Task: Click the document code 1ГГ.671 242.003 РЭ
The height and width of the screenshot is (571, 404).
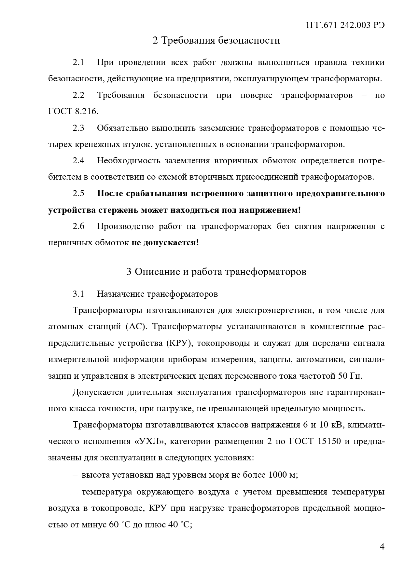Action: pos(345,25)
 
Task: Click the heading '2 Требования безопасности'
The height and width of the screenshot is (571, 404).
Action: pos(216,40)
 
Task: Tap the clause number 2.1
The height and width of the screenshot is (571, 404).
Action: pos(78,62)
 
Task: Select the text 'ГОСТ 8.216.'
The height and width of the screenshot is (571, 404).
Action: pos(73,112)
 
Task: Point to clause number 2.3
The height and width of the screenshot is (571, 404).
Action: pos(78,128)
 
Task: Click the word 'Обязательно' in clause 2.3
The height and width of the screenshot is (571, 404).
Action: pos(122,128)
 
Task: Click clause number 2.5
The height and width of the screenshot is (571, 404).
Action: pos(78,194)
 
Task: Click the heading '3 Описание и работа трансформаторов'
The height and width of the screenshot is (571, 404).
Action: pos(216,272)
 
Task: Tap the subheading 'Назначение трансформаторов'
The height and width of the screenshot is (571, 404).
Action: pos(157,294)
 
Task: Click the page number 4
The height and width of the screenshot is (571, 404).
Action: pos(382,547)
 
